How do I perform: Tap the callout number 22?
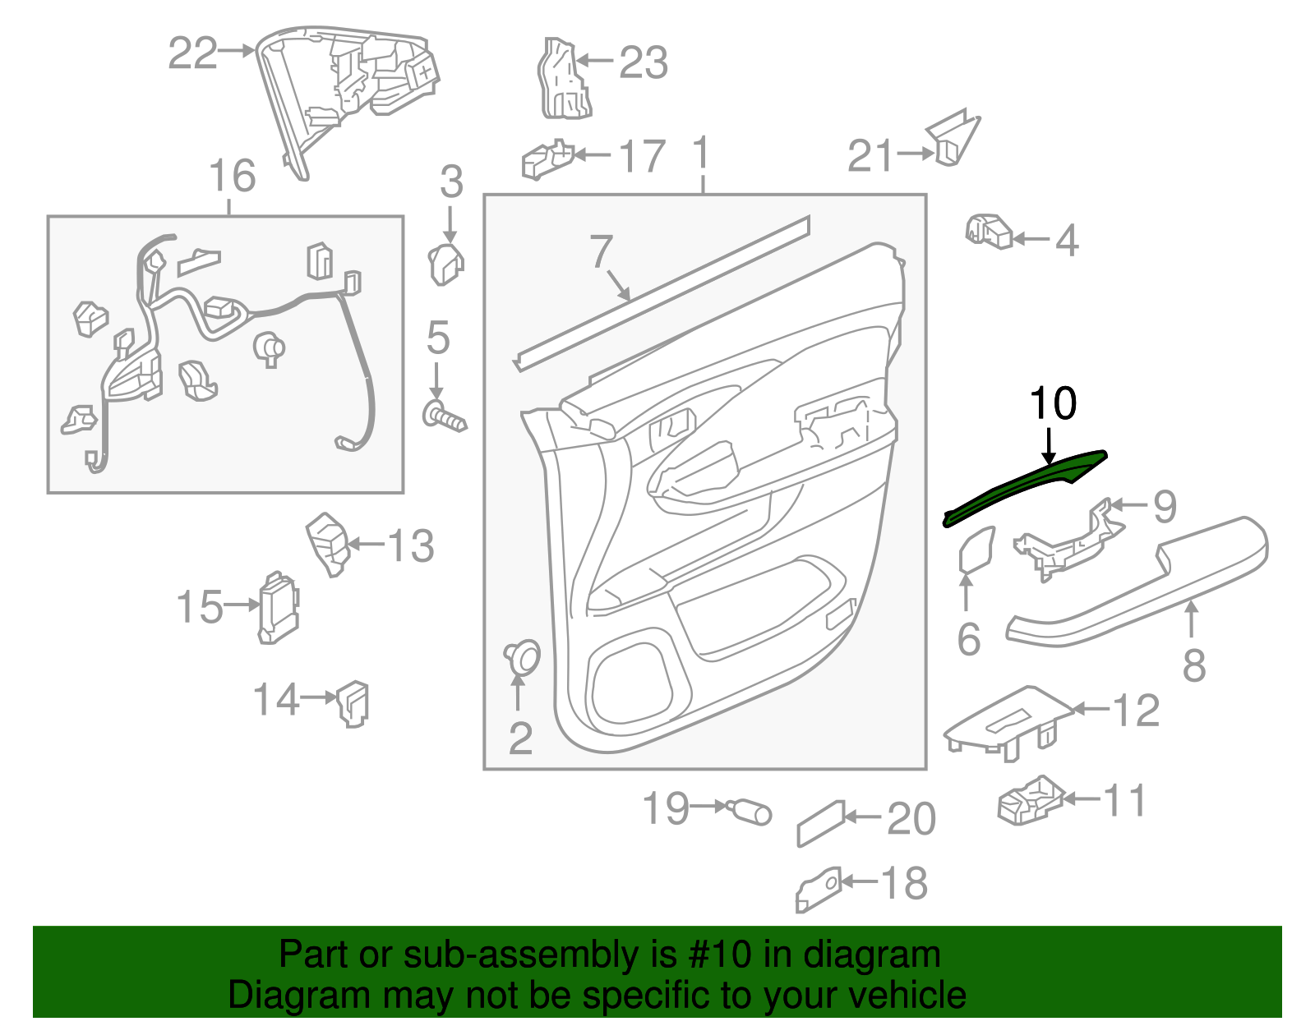click(x=192, y=53)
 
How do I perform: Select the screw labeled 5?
click(x=444, y=416)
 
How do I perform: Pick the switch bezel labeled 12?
click(x=1007, y=721)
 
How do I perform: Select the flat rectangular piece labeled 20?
click(x=820, y=823)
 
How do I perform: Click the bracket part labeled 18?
click(x=819, y=890)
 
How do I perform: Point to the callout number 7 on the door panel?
click(x=602, y=251)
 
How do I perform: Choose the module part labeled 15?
click(x=278, y=608)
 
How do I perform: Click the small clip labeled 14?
click(x=354, y=703)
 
